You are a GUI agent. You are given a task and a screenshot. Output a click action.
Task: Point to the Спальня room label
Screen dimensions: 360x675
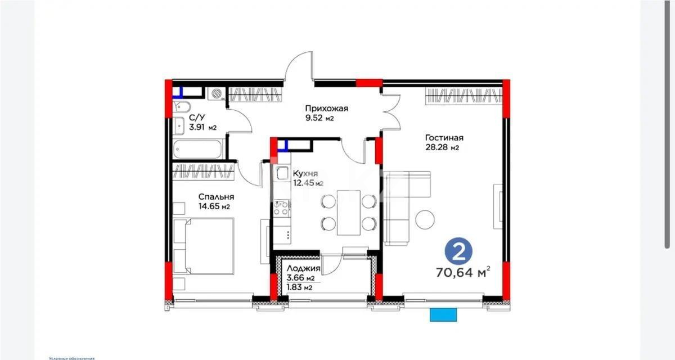(216, 197)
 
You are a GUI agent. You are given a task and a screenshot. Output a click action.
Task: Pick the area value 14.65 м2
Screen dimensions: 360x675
(214, 206)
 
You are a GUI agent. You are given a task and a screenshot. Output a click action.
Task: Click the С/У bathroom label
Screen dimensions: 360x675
(196, 118)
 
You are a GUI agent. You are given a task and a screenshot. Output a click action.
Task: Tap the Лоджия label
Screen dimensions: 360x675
(303, 269)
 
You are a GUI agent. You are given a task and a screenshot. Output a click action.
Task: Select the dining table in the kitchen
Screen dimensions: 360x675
(348, 212)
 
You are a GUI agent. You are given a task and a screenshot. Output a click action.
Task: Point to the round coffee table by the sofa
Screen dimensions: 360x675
(425, 219)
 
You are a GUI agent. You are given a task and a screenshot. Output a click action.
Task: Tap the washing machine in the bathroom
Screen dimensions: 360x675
(215, 94)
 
